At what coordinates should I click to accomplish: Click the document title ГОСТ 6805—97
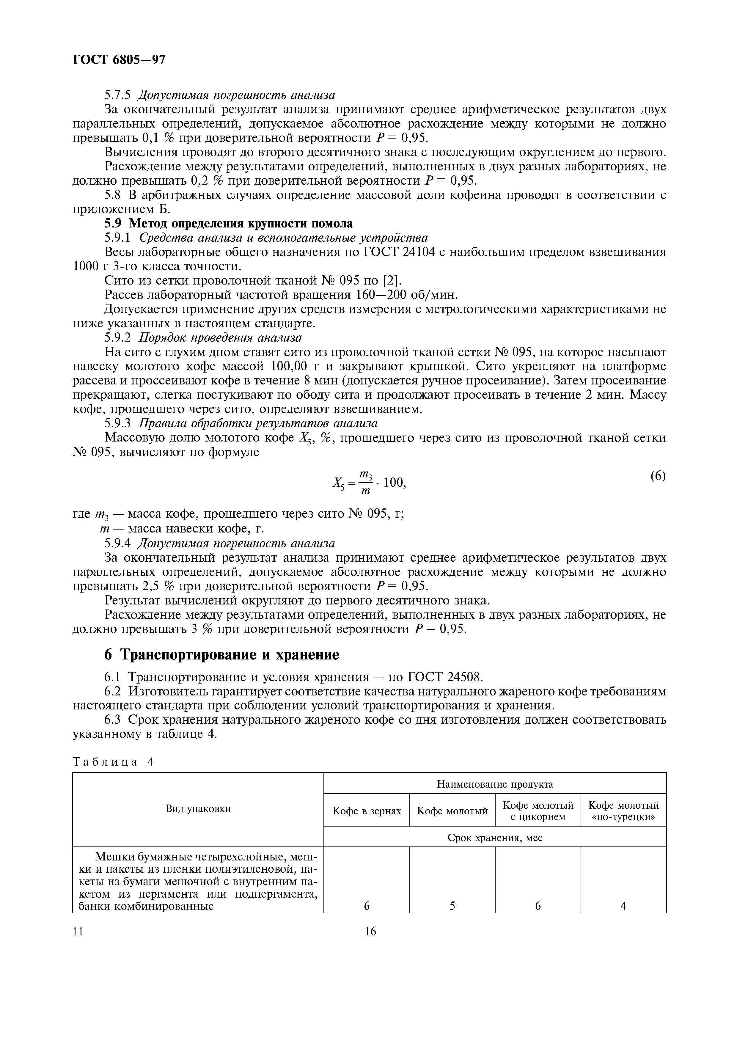pyautogui.click(x=119, y=60)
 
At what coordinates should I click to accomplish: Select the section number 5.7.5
pyautogui.click(x=117, y=95)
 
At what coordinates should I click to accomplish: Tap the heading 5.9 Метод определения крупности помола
pyautogui.click(x=228, y=224)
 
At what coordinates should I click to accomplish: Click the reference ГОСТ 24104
pyautogui.click(x=400, y=252)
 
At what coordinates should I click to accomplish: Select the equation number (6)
pyautogui.click(x=658, y=476)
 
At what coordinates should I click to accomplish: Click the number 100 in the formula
pyautogui.click(x=393, y=483)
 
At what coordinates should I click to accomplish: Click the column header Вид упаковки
pyautogui.click(x=198, y=809)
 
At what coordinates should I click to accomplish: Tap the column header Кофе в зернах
pyautogui.click(x=367, y=811)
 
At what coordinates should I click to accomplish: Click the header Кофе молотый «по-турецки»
pyautogui.click(x=623, y=811)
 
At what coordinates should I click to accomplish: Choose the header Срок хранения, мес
pyautogui.click(x=495, y=837)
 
